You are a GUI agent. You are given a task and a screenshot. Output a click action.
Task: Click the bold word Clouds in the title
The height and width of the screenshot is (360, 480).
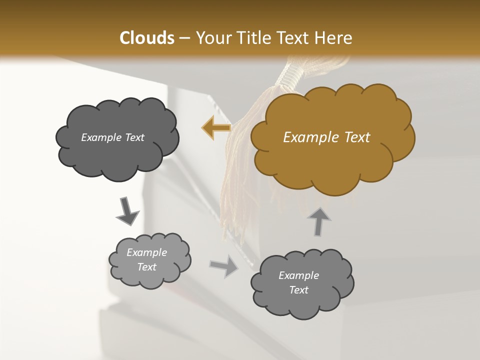tap(146, 38)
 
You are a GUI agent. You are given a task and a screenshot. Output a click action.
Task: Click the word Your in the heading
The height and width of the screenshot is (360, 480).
tap(214, 38)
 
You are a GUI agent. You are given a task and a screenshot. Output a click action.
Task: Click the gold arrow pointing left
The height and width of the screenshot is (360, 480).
tap(216, 128)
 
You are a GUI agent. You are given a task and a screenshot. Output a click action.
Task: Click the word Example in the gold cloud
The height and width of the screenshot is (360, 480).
tap(308, 137)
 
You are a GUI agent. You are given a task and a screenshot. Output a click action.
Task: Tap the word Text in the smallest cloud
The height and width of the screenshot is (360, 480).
tap(146, 267)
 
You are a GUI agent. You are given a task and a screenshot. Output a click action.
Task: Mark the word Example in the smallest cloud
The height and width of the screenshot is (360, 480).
tap(146, 252)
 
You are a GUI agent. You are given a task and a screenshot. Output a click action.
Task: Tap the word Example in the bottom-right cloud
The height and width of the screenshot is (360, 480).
tap(298, 275)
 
